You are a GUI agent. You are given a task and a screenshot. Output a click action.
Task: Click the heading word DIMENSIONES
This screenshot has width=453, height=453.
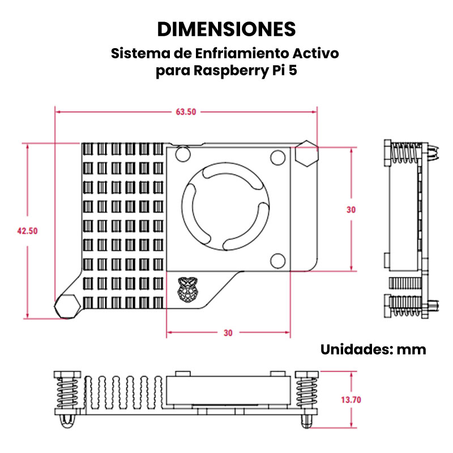click(226, 29)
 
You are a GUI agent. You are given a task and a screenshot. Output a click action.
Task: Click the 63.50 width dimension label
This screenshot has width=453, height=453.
click(186, 112)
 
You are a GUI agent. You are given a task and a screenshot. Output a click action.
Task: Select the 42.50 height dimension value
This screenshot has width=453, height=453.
click(27, 231)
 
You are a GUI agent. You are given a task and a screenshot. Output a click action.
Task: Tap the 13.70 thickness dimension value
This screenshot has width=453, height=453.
click(351, 400)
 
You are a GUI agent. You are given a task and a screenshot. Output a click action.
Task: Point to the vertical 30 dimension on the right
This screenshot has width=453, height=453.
click(351, 210)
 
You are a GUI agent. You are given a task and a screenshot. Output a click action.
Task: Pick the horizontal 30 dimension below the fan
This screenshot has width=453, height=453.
click(228, 333)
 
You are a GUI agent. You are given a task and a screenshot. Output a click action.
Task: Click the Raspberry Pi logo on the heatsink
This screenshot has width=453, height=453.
click(187, 289)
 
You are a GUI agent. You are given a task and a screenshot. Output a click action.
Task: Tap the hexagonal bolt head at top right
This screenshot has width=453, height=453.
click(306, 153)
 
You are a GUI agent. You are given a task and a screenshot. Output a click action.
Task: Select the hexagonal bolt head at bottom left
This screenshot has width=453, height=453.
click(67, 306)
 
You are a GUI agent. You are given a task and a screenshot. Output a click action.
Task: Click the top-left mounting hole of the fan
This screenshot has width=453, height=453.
click(183, 153)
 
